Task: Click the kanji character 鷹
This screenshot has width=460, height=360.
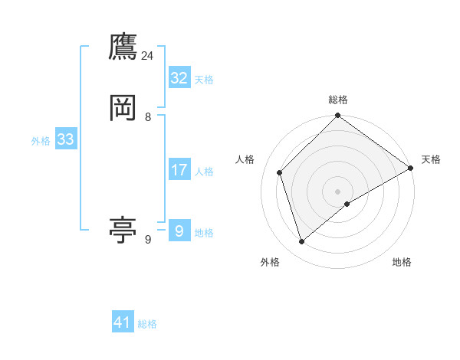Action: click(x=123, y=47)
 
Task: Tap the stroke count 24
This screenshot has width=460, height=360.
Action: click(x=147, y=56)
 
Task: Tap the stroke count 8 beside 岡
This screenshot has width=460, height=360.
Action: click(x=148, y=116)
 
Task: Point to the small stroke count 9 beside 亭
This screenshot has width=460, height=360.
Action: click(x=148, y=239)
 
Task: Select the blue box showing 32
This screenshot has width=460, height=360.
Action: click(x=179, y=78)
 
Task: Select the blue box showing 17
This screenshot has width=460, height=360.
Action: click(x=179, y=170)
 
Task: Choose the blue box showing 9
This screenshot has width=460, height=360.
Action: click(x=179, y=231)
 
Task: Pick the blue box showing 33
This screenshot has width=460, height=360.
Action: click(x=65, y=139)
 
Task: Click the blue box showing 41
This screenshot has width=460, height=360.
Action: click(x=123, y=322)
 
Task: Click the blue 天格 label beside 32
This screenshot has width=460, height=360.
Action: click(x=204, y=80)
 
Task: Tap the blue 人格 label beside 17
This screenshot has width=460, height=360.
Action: click(x=204, y=172)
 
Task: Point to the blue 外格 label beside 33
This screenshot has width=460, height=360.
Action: click(x=41, y=141)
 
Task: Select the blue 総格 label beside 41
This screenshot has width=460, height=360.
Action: click(x=147, y=324)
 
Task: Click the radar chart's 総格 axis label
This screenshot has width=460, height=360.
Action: click(x=338, y=100)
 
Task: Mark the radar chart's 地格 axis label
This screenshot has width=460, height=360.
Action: click(x=402, y=263)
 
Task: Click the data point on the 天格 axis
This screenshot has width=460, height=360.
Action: click(x=411, y=168)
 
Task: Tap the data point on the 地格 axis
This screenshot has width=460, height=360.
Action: click(x=347, y=204)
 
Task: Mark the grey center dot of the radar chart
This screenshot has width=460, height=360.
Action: click(x=338, y=191)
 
